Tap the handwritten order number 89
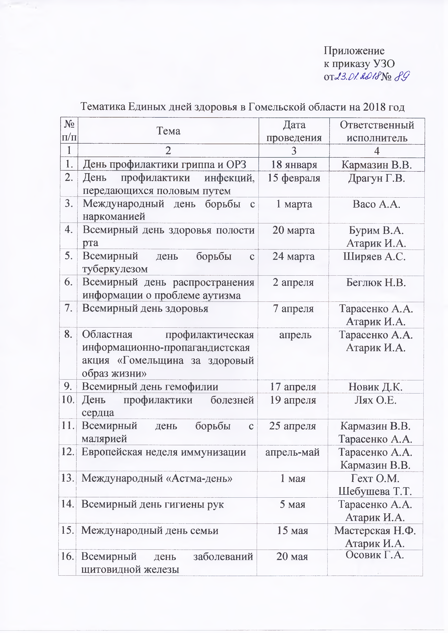click(402, 76)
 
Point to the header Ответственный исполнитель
click(377, 131)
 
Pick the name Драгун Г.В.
click(376, 178)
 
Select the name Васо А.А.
click(376, 204)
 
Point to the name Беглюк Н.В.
click(376, 283)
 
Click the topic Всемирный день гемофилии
click(150, 387)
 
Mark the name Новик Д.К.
click(375, 387)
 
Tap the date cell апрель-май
click(292, 452)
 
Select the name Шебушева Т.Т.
click(375, 491)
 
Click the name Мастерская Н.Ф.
click(375, 530)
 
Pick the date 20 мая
click(292, 557)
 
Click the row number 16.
click(67, 556)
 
